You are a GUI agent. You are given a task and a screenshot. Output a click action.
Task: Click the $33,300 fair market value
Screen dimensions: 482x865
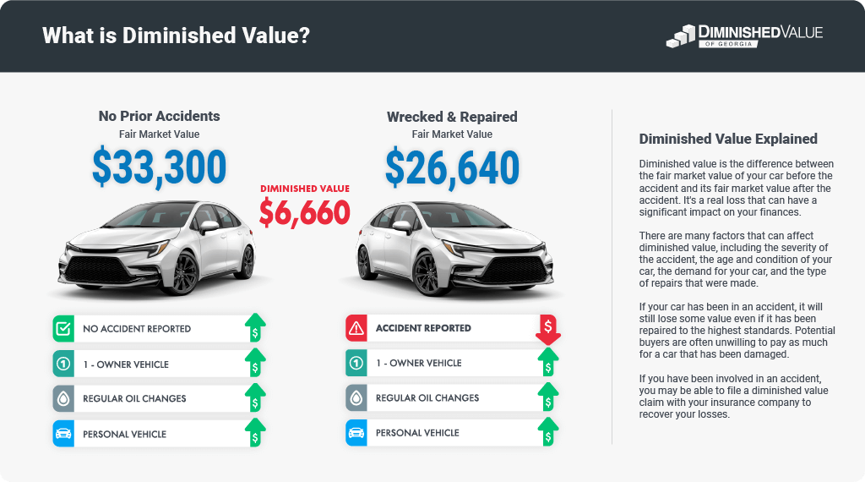(x=159, y=167)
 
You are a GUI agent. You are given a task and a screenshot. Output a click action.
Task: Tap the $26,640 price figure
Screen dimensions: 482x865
(x=452, y=167)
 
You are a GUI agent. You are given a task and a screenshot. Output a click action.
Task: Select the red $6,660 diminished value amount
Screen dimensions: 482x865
(x=304, y=212)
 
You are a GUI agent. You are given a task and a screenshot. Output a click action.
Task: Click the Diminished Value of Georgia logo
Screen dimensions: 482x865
(x=743, y=36)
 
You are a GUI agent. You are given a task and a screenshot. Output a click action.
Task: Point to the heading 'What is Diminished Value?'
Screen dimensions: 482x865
(x=176, y=36)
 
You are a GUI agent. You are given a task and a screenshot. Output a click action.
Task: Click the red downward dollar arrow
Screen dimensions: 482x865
(x=547, y=329)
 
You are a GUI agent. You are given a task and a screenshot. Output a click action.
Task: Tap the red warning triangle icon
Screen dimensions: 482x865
(x=356, y=328)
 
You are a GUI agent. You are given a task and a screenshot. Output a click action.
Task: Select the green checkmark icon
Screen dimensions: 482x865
(x=63, y=328)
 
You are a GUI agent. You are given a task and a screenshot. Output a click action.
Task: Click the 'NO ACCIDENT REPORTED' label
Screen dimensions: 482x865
(x=137, y=328)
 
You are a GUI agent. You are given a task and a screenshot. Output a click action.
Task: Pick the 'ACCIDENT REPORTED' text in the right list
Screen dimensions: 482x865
(x=423, y=327)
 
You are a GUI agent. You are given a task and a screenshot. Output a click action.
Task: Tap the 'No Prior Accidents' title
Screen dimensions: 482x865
(x=159, y=116)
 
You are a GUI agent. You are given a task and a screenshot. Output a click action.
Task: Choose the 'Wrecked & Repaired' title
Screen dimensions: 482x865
(x=452, y=117)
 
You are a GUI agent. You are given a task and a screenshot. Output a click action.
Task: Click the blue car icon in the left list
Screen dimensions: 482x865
(x=63, y=434)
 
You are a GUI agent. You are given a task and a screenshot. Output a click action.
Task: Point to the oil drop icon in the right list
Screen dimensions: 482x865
(x=356, y=397)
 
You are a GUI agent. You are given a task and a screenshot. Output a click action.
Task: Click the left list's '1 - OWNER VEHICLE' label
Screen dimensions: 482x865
(x=126, y=364)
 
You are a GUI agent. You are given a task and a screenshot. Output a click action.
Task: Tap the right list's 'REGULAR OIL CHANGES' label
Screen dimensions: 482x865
(x=427, y=397)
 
